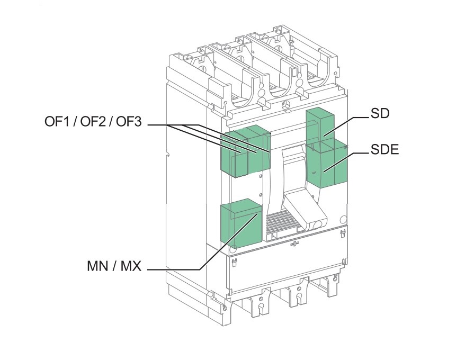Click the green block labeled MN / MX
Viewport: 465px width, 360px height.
pyautogui.click(x=242, y=225)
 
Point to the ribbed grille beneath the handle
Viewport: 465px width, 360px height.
pyautogui.click(x=281, y=224)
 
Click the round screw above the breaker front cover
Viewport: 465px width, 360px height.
pyautogui.click(x=287, y=104)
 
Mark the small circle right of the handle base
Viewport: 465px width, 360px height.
pyautogui.click(x=342, y=219)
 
